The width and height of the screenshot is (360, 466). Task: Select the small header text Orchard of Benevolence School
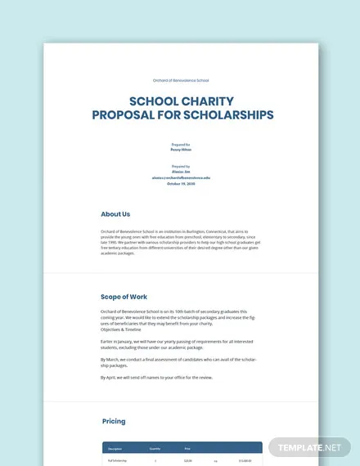point(180,80)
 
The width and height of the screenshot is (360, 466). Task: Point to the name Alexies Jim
point(180,172)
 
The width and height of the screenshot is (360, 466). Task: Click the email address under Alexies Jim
point(180,177)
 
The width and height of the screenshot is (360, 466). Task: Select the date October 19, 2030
point(180,183)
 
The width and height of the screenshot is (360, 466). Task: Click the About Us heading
point(115,214)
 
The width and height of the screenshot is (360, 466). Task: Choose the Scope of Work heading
point(124,297)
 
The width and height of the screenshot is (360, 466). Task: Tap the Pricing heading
point(114,422)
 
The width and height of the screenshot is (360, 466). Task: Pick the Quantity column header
point(155,448)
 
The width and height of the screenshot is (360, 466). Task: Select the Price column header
point(187,448)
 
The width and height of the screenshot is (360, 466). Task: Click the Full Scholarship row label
point(117,461)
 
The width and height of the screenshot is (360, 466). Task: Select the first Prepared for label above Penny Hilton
point(180,143)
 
